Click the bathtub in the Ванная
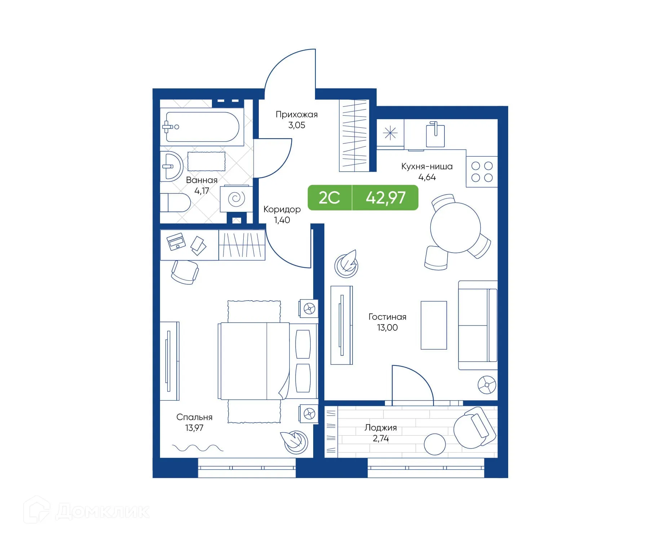(x=202, y=127)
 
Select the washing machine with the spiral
(x=236, y=198)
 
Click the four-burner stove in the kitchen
(x=482, y=171)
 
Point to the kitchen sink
(x=435, y=135)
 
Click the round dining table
(x=455, y=228)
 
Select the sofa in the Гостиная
(x=478, y=325)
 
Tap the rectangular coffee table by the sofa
(x=434, y=325)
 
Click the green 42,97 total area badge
(x=385, y=198)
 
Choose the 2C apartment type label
(x=329, y=198)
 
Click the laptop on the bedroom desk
(x=176, y=241)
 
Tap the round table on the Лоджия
(x=435, y=444)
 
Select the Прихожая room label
(x=297, y=114)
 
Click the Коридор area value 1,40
(x=282, y=220)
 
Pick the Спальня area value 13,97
(x=194, y=428)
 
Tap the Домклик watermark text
(x=103, y=512)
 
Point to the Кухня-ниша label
(x=427, y=166)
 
